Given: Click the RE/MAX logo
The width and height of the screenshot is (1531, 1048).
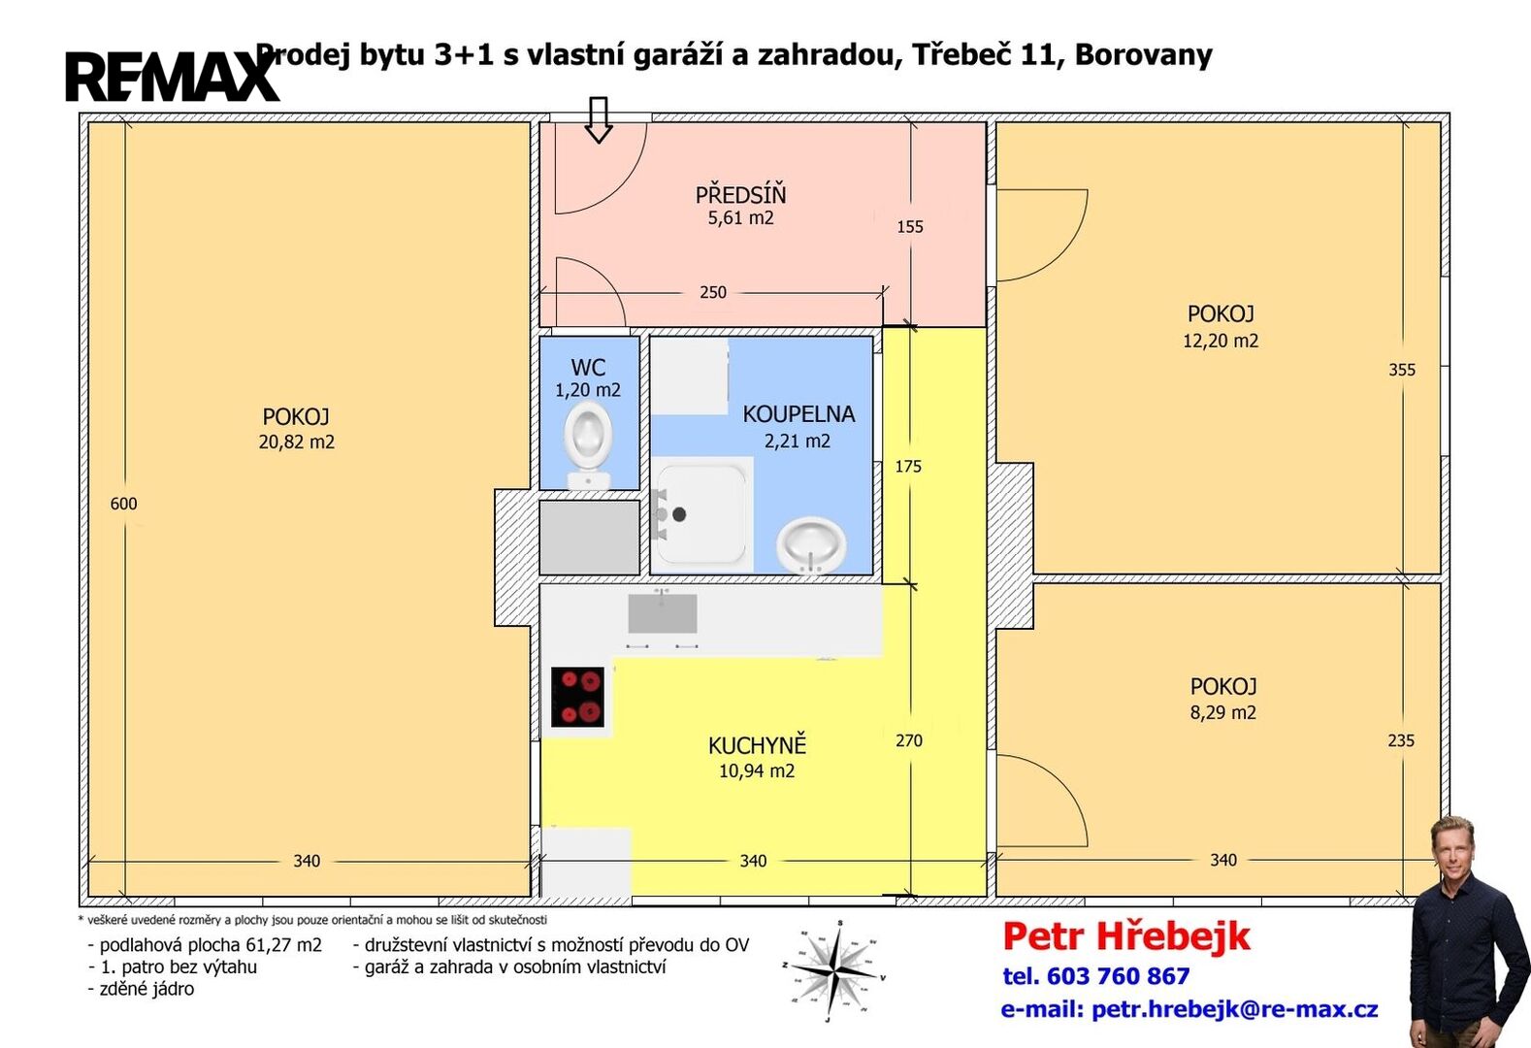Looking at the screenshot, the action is tap(173, 77).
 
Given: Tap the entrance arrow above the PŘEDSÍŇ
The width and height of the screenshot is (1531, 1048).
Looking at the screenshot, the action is tap(598, 119).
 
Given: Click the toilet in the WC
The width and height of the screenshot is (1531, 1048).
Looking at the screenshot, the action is tap(588, 445).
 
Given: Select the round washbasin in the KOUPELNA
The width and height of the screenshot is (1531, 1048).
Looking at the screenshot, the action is tap(811, 545).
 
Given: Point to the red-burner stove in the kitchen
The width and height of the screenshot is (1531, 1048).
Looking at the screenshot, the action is tap(577, 697).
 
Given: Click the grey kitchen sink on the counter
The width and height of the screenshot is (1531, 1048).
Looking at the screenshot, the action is tap(663, 612).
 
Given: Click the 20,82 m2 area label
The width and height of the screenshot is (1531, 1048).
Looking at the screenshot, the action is tap(297, 442).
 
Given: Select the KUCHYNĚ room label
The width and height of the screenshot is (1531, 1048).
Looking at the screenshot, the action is tap(758, 745).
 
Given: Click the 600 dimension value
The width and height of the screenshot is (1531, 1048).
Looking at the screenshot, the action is tap(124, 504).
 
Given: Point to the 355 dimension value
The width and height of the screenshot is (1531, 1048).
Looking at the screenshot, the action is tap(1402, 370).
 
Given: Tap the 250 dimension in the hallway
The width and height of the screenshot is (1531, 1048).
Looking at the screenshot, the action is tap(713, 293).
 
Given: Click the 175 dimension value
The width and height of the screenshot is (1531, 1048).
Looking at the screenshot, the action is tap(908, 466).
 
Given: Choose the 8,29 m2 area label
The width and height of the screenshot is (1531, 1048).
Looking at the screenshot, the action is tap(1222, 712).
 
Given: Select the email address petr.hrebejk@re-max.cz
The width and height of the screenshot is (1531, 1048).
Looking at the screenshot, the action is tap(1234, 1009).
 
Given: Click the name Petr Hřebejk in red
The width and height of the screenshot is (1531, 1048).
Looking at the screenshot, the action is tap(1126, 937).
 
